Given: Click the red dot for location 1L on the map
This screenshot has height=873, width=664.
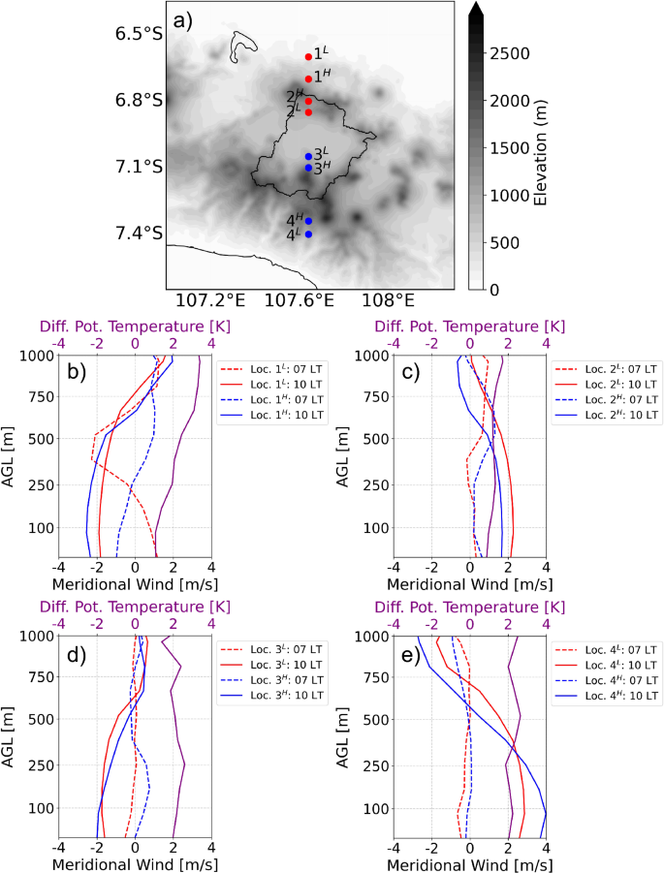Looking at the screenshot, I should tap(308, 57).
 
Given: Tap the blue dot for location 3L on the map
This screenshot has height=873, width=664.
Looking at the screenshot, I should tap(308, 156).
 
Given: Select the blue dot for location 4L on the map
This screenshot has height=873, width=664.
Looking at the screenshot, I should tap(308, 234).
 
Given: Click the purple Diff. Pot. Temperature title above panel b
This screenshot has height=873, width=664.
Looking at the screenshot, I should tap(134, 327).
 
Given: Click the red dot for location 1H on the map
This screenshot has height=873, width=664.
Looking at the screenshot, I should tap(308, 78).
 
